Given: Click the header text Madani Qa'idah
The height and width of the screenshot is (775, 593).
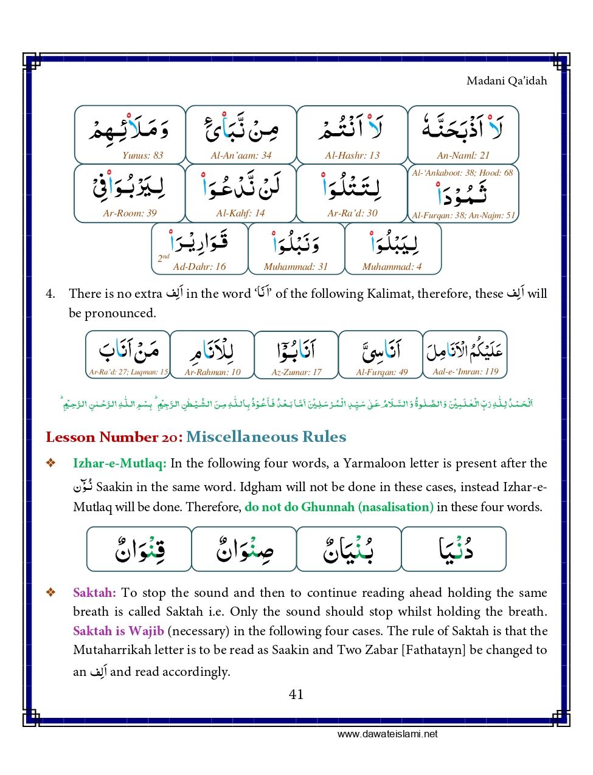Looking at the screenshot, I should coord(506,81).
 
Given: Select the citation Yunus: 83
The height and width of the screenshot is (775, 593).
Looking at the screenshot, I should coord(142,156).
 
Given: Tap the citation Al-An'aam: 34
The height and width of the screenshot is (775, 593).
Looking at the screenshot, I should coord(241,156).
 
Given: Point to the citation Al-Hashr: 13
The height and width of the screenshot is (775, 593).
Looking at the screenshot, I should coord(352,156).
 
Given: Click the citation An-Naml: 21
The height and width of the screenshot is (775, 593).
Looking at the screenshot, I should coord(463,156).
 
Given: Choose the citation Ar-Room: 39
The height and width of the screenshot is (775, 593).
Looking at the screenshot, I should coord(130,213).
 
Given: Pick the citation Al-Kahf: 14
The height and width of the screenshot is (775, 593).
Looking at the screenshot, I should coord(240,213).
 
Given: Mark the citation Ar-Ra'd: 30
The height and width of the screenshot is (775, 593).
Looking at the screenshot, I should coord(352,213).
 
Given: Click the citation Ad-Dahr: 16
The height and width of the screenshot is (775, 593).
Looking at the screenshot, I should coord(199,267).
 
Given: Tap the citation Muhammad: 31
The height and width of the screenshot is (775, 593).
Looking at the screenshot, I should coord(296,267).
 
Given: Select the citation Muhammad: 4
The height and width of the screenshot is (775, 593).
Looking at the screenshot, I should coord(392,267).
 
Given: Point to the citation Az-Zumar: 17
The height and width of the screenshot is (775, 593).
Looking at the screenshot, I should coord(296,372).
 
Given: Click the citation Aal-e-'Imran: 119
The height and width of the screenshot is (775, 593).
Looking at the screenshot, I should coord(465,372).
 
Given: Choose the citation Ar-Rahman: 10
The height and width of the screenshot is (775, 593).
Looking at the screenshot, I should coord(212,372).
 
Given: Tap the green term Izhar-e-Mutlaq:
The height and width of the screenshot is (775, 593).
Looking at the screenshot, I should coord(119,463).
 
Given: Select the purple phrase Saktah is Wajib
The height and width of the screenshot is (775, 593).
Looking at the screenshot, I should coord(119,631).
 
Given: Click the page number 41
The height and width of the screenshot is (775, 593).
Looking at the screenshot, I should coord(296,694).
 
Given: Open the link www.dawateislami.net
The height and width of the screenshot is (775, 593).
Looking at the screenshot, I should coord(387,734).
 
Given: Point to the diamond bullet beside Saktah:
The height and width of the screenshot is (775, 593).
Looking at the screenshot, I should coord(51,593).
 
